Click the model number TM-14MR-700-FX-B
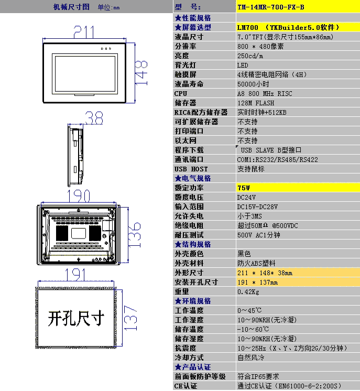coord(271,7)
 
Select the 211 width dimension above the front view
coord(84,32)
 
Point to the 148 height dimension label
coord(141,72)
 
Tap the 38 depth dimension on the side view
coord(94,118)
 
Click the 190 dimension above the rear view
coord(79,196)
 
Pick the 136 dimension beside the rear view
coord(134,235)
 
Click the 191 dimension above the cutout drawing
coord(75,275)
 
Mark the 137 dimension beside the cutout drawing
coord(130,318)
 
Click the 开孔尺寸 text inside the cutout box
coord(76,319)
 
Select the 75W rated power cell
coord(244,188)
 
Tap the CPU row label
coord(181,93)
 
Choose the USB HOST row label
coord(191,169)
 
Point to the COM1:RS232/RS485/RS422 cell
coord(278,159)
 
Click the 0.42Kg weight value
coord(248,292)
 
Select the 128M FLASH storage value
coord(256,103)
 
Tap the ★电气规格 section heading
coord(193,178)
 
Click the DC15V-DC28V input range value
coord(257,207)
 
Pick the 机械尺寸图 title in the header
coord(71,7)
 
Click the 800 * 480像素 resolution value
coord(260,46)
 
